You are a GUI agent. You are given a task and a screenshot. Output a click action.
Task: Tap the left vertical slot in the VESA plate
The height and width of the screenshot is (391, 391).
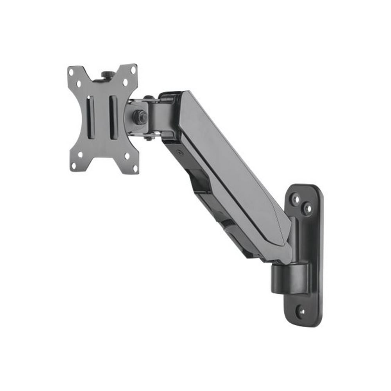pyautogui.click(x=90, y=117)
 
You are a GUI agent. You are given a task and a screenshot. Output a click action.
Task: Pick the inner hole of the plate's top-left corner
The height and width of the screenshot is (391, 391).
pyautogui.click(x=79, y=84)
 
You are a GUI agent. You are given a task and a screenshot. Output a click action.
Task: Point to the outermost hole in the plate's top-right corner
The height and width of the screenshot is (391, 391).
pyautogui.click(x=133, y=71)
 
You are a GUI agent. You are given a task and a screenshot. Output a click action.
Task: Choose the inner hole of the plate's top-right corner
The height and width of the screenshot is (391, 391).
pyautogui.click(x=125, y=83)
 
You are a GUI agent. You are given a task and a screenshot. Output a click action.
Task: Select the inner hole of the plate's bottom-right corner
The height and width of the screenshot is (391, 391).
pyautogui.click(x=127, y=156)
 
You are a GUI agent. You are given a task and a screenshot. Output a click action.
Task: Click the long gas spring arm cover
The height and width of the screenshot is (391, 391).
pyautogui.click(x=231, y=168)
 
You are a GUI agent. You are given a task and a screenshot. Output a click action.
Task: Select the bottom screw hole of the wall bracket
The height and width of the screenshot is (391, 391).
pyautogui.click(x=301, y=312)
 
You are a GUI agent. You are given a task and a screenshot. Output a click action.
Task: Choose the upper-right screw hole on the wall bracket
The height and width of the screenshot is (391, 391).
pyautogui.click(x=308, y=208)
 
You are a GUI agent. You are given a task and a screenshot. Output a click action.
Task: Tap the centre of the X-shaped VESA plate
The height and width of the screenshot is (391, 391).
pyautogui.click(x=102, y=117)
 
